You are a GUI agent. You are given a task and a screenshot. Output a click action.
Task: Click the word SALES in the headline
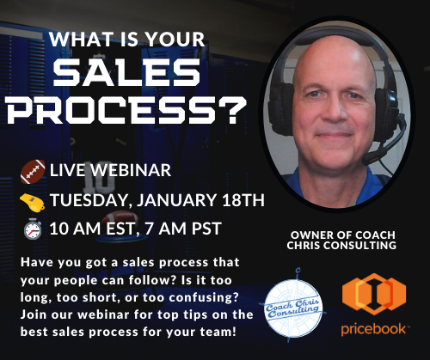pyautogui.click(x=126, y=73)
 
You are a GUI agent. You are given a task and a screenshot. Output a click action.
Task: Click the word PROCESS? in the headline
pyautogui.click(x=127, y=110)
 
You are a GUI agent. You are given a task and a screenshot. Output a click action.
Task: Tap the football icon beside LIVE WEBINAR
pyautogui.click(x=33, y=171)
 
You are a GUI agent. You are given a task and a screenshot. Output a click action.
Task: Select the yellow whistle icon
pyautogui.click(x=32, y=202)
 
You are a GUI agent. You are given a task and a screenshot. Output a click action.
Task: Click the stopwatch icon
pyautogui.click(x=33, y=229)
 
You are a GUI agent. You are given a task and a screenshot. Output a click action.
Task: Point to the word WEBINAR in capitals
pyautogui.click(x=131, y=170)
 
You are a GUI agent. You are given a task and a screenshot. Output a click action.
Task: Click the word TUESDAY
pyautogui.click(x=89, y=200)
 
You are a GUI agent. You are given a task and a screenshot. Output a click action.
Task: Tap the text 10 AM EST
pyautogui.click(x=92, y=229)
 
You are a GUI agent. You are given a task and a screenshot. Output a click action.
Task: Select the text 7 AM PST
pyautogui.click(x=183, y=229)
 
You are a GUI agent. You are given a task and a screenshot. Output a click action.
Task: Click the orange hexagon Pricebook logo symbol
pyautogui.click(x=374, y=294)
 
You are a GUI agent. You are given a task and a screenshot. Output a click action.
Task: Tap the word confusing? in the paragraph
pyautogui.click(x=204, y=297)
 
